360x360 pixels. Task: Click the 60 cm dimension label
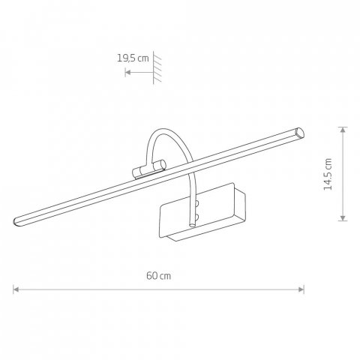coord(159,276)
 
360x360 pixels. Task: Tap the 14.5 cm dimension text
coord(328,174)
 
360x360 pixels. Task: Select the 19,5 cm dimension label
coord(133,58)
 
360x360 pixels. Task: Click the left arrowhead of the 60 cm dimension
coord(16,289)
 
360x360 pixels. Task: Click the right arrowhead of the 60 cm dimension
coord(301,289)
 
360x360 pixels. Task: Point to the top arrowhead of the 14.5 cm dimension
coord(343,130)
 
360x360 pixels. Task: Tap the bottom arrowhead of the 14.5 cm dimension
coord(343,217)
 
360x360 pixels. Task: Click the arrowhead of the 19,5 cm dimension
coord(127,73)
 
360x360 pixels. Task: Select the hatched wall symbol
coord(157,67)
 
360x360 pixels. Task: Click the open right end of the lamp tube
coord(299,132)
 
